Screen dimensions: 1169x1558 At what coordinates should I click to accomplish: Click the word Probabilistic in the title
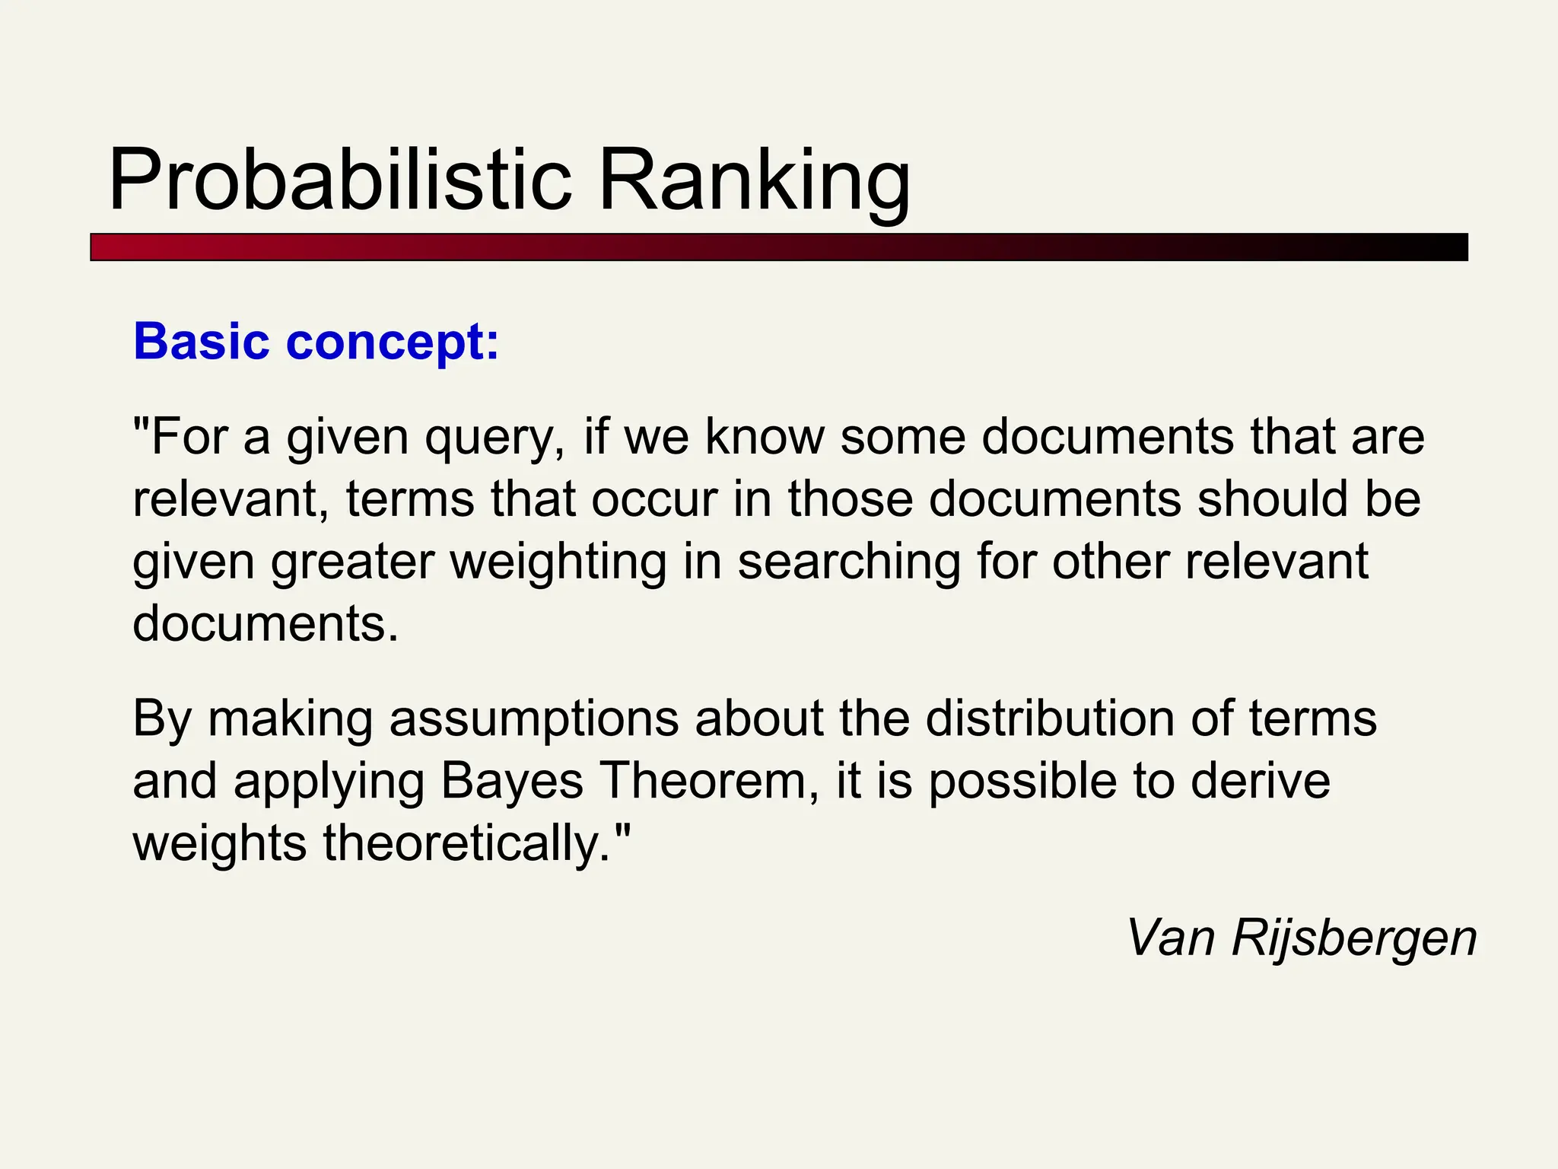[339, 180]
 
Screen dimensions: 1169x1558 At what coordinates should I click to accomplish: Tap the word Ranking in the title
[754, 180]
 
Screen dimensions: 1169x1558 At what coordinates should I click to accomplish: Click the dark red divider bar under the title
[778, 247]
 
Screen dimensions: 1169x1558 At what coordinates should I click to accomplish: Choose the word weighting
[558, 563]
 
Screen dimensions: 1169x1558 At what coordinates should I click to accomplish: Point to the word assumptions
[533, 720]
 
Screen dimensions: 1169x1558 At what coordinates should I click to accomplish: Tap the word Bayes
[512, 782]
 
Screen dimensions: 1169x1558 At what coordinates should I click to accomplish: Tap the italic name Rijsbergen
[1354, 938]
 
